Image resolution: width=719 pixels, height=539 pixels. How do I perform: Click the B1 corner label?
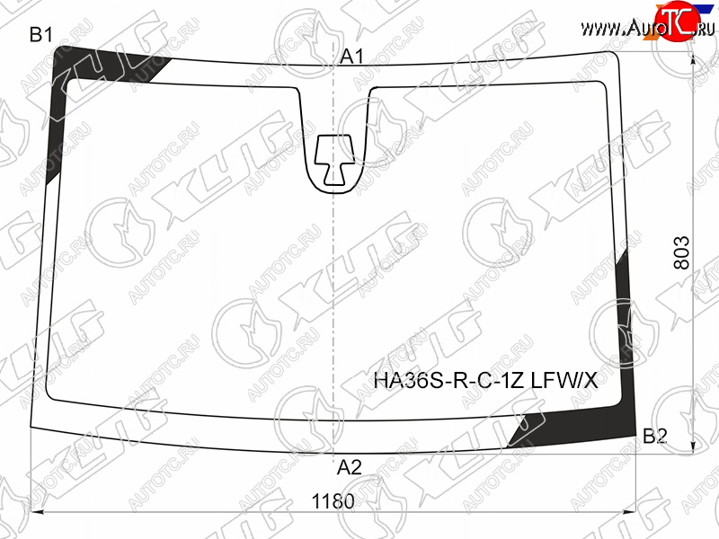(x=40, y=35)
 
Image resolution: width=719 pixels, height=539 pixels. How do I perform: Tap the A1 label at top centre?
(x=351, y=57)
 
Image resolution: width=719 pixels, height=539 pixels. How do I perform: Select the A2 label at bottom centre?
(x=350, y=467)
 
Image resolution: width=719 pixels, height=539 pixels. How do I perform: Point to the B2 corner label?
(x=655, y=436)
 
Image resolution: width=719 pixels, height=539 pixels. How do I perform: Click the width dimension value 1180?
(x=333, y=501)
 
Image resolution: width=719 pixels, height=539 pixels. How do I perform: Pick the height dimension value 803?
(x=682, y=252)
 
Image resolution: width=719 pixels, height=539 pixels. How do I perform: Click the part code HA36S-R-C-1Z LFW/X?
(x=485, y=380)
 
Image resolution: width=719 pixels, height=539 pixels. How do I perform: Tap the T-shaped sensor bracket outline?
(x=334, y=160)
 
